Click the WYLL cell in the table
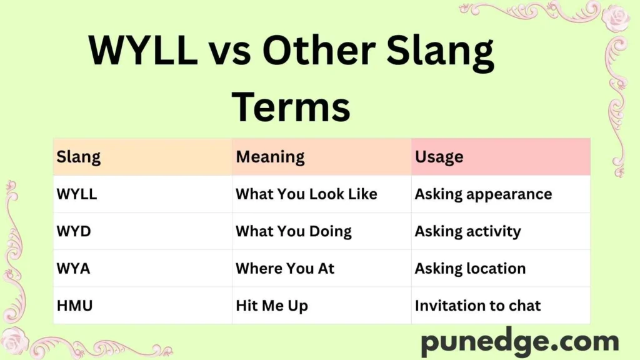click(77, 194)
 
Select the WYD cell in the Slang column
click(74, 231)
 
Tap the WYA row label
click(74, 269)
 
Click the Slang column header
click(79, 157)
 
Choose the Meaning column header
click(270, 157)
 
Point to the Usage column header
click(439, 157)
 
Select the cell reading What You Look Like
click(306, 194)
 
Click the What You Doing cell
click(293, 231)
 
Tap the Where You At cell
click(285, 269)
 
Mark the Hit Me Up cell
click(272, 306)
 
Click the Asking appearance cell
click(483, 194)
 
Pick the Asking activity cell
click(467, 231)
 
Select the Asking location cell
click(470, 269)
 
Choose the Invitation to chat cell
click(477, 306)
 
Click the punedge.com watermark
click(519, 342)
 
